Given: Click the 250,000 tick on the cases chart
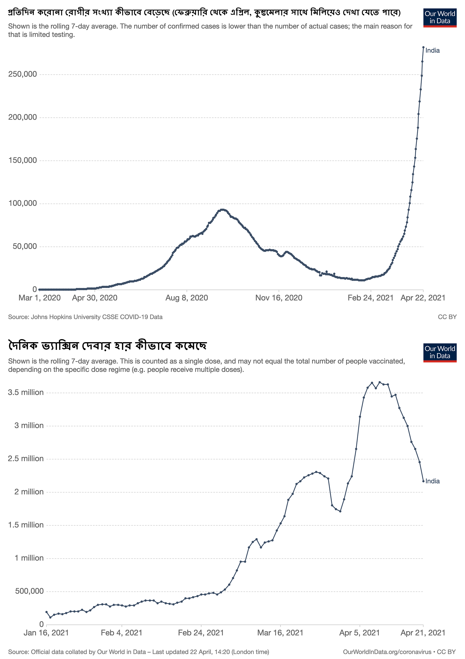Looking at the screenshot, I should tap(23, 74).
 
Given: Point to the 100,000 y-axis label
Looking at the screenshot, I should tap(23, 203).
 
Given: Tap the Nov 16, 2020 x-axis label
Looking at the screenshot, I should tap(279, 298).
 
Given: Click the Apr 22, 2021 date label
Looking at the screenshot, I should tap(423, 298).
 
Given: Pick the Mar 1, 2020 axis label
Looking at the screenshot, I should tap(40, 298).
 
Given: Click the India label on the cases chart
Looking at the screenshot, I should tap(432, 50).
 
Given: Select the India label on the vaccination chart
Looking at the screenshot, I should tap(432, 481).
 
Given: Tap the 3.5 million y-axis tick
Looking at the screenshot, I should tap(26, 393).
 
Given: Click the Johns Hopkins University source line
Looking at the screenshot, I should tap(85, 317).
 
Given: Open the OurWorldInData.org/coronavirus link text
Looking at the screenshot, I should tap(387, 652).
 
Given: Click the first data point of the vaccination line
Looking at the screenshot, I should tap(46, 612).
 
